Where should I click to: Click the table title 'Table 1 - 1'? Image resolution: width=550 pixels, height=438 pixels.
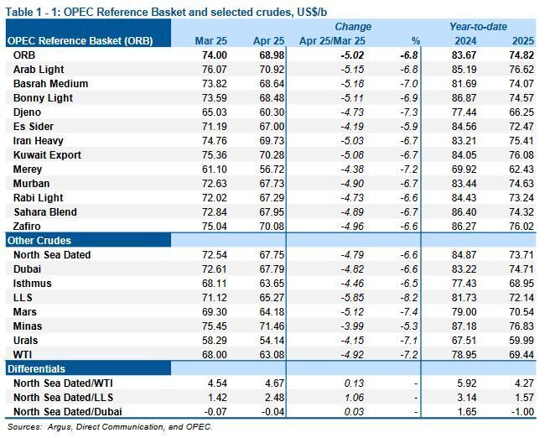click(x=30, y=13)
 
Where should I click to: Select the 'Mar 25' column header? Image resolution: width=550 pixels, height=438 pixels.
click(x=210, y=41)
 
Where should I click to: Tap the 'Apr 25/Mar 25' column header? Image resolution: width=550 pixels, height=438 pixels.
click(x=332, y=41)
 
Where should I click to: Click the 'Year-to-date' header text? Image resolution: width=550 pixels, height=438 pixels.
click(x=478, y=27)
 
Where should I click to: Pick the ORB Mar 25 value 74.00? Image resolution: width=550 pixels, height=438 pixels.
click(x=215, y=55)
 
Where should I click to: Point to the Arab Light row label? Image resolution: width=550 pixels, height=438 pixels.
click(x=39, y=70)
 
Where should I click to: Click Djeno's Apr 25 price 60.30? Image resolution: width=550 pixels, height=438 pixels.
click(x=272, y=112)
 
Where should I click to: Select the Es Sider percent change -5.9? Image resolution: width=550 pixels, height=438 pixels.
click(x=409, y=127)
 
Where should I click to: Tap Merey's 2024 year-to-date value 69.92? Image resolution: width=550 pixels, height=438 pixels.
click(x=464, y=169)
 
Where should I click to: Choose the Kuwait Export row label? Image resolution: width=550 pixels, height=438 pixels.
click(x=47, y=155)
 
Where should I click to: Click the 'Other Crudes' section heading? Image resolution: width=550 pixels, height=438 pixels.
click(x=39, y=241)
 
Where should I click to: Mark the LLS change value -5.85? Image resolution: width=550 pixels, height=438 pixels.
click(x=352, y=298)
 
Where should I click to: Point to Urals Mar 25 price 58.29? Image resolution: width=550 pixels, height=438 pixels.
click(x=215, y=341)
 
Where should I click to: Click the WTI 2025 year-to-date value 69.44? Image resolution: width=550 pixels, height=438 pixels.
click(x=521, y=355)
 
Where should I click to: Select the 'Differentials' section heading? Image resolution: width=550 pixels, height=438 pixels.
click(x=36, y=369)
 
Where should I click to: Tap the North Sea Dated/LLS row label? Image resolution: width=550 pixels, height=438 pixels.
click(x=63, y=398)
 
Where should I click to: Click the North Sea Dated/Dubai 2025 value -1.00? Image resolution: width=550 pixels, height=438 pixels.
click(x=522, y=412)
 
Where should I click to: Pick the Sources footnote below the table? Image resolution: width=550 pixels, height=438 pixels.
click(x=110, y=427)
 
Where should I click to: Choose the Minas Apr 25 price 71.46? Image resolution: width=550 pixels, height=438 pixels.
click(x=272, y=326)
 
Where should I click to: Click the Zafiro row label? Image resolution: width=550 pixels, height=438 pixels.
click(x=27, y=227)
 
